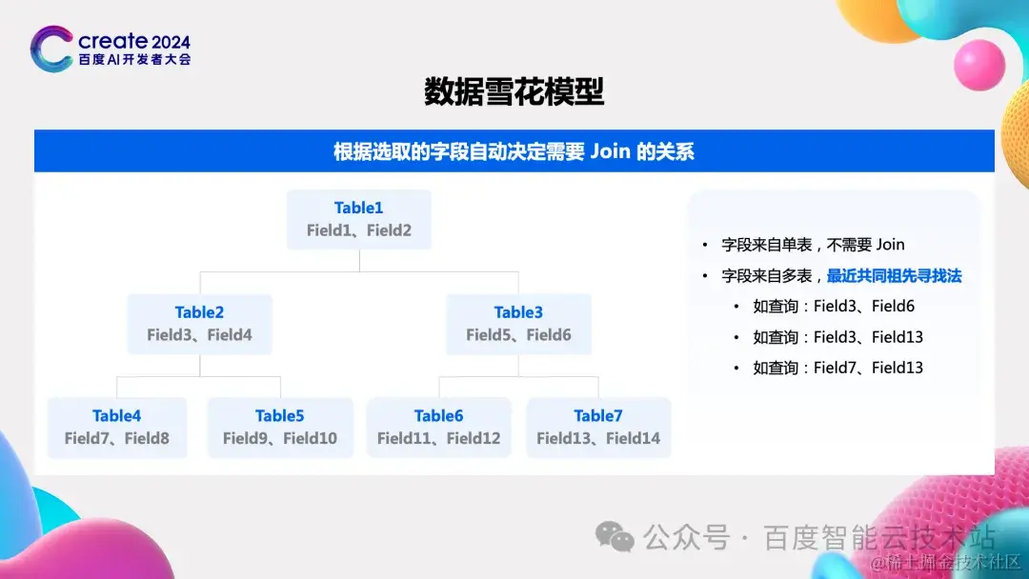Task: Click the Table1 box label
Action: click(x=358, y=208)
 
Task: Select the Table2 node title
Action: click(x=199, y=312)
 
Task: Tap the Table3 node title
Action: click(x=518, y=312)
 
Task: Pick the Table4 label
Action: click(x=117, y=416)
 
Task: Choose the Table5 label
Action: click(x=279, y=416)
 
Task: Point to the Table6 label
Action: click(x=438, y=416)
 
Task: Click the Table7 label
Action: click(x=597, y=416)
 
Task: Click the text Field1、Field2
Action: click(x=359, y=230)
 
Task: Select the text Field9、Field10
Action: click(x=279, y=438)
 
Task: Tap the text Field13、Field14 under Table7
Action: click(x=598, y=438)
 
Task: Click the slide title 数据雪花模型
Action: click(x=514, y=91)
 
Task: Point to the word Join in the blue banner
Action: click(x=611, y=151)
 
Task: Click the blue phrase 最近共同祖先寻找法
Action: click(x=895, y=276)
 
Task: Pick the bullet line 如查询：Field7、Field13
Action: click(x=838, y=368)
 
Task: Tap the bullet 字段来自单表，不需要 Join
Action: click(x=813, y=246)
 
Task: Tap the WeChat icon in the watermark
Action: click(x=615, y=536)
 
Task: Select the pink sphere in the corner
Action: click(x=979, y=64)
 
